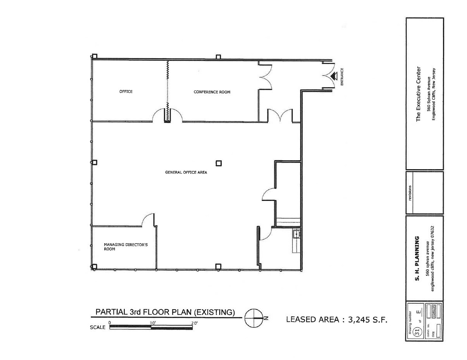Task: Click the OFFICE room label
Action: (126, 92)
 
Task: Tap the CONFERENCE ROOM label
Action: (212, 92)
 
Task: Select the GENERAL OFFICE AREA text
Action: (186, 172)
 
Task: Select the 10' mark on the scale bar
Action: (152, 323)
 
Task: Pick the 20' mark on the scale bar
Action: (193, 323)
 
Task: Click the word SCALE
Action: (98, 327)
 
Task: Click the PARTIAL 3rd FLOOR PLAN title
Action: (165, 312)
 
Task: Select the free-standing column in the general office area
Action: (219, 163)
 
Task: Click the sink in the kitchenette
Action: (296, 234)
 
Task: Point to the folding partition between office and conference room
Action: (168, 91)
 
